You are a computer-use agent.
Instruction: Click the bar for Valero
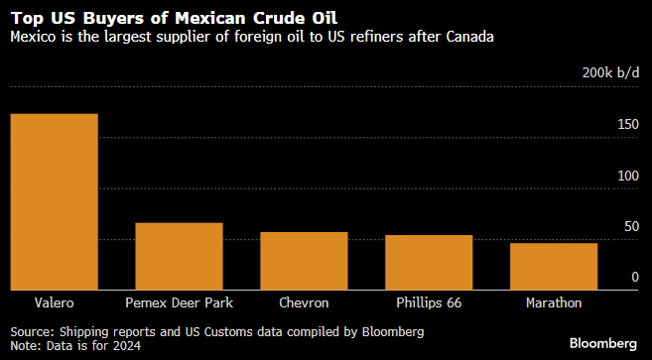(54, 202)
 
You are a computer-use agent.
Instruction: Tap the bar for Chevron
(304, 261)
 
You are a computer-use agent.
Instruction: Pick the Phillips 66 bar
(429, 263)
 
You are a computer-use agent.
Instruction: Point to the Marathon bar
(554, 267)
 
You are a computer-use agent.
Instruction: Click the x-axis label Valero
(54, 302)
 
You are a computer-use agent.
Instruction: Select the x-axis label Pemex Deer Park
(179, 302)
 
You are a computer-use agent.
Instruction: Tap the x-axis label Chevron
(304, 302)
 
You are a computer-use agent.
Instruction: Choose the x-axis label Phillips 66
(429, 302)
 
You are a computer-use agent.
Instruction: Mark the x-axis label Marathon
(554, 302)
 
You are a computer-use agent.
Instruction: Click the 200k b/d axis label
(610, 73)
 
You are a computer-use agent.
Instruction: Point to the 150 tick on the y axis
(627, 125)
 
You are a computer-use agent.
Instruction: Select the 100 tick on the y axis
(627, 176)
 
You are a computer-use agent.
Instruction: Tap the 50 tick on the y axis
(630, 227)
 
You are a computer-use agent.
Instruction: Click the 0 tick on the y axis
(635, 279)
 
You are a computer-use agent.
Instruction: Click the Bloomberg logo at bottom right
(603, 343)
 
